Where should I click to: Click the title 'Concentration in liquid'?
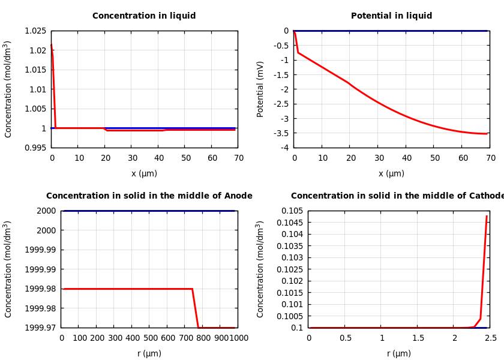[144, 16]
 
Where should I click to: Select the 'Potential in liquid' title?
[391, 16]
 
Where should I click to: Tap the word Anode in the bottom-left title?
[238, 196]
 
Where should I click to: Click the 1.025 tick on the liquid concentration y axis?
[35, 31]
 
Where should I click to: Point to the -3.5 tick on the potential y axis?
[281, 133]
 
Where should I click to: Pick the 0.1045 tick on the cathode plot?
[290, 223]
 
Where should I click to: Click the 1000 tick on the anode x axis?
[238, 338]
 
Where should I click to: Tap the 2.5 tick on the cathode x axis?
[490, 338]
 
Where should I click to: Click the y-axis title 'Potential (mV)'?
[260, 89]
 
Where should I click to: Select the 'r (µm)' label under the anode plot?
[149, 353]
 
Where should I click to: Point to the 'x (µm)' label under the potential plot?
[391, 173]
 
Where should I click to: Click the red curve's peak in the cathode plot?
[487, 216]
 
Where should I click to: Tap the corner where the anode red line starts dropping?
[192, 289]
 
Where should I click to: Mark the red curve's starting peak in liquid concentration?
[52, 44]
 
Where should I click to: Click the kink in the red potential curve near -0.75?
[298, 53]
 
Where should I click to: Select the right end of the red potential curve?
[487, 134]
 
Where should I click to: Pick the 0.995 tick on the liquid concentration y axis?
[35, 148]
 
